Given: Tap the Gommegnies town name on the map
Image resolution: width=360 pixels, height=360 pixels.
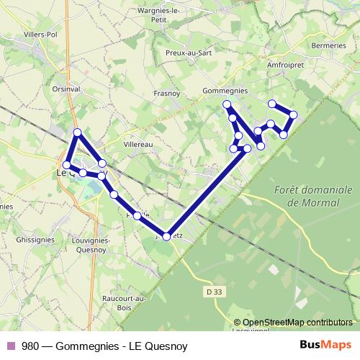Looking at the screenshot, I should point(225,91).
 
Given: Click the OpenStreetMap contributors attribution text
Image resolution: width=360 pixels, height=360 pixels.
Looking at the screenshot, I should point(297,323).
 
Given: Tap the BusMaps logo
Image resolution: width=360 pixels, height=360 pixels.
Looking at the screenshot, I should point(321,346).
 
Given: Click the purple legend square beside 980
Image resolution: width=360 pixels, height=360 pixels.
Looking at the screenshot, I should point(9,346).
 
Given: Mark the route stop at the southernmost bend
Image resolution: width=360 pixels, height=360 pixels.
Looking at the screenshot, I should point(166,236).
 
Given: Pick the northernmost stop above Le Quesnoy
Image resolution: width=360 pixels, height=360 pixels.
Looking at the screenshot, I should point(78,132).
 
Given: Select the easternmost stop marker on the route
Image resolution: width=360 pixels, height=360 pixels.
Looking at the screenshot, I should point(293,114).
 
